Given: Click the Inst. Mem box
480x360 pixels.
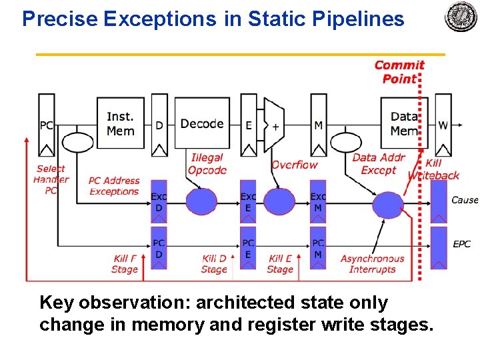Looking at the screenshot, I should click(x=120, y=124).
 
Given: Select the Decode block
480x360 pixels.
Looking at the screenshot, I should click(x=202, y=124).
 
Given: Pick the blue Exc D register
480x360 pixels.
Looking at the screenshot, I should click(x=159, y=201).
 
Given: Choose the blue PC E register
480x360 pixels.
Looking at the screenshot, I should click(x=248, y=248).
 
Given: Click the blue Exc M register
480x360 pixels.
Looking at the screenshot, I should click(x=318, y=201).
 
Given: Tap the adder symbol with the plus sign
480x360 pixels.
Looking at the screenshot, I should click(x=274, y=125).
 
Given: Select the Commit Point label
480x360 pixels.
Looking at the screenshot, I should click(x=399, y=71).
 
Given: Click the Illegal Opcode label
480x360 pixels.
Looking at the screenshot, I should click(x=207, y=164).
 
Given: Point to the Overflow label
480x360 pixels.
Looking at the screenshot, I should click(x=294, y=165).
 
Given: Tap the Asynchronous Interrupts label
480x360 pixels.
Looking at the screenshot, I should click(x=372, y=264).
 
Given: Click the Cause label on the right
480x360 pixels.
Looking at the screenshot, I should click(x=465, y=200).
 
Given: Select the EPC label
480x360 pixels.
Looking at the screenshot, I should click(x=462, y=244).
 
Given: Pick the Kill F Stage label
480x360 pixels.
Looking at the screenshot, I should click(x=124, y=264).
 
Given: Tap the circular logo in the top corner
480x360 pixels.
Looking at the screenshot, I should click(x=461, y=17).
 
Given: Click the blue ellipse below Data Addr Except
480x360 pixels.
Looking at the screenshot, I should click(x=387, y=205).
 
